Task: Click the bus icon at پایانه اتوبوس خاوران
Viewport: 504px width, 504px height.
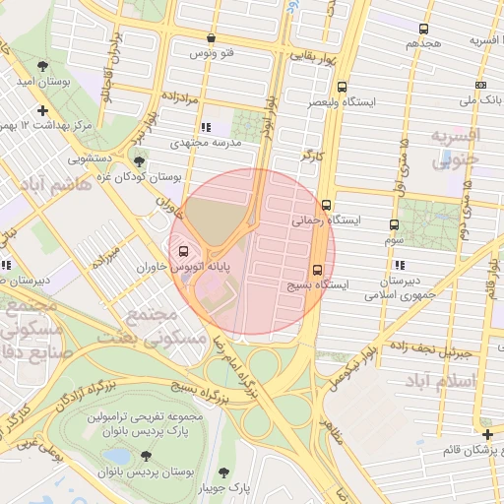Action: click(x=185, y=250)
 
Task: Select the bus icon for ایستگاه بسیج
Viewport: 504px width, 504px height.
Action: click(x=317, y=270)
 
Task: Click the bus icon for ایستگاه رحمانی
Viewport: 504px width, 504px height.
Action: click(x=327, y=208)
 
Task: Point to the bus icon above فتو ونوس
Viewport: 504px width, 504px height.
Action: click(x=211, y=38)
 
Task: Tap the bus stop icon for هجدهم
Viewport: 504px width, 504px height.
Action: click(x=423, y=30)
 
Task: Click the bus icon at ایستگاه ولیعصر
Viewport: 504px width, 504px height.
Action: click(x=342, y=87)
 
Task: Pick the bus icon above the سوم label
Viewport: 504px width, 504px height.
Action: click(x=394, y=224)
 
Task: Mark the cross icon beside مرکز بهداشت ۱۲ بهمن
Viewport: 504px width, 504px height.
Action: click(x=41, y=110)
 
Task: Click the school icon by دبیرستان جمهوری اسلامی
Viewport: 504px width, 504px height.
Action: click(x=399, y=265)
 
